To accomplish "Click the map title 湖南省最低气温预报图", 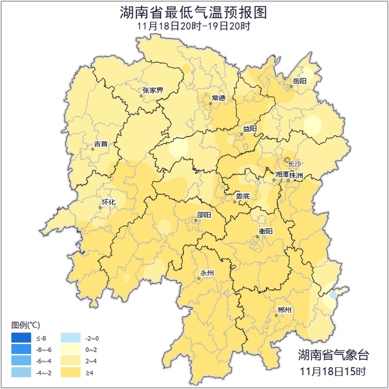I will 194,13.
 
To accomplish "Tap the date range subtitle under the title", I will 194,26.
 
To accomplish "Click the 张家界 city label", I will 153,91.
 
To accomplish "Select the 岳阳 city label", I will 300,81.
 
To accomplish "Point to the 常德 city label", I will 218,98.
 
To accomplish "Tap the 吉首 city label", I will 101,144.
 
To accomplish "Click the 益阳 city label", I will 250,128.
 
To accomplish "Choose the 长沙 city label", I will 294,164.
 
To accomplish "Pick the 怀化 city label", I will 108,201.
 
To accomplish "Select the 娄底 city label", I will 243,196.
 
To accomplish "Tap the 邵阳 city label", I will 204,215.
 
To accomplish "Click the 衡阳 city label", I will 266,231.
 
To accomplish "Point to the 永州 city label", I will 207,273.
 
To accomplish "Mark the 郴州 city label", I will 284,309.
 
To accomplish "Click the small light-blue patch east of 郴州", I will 333,294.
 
